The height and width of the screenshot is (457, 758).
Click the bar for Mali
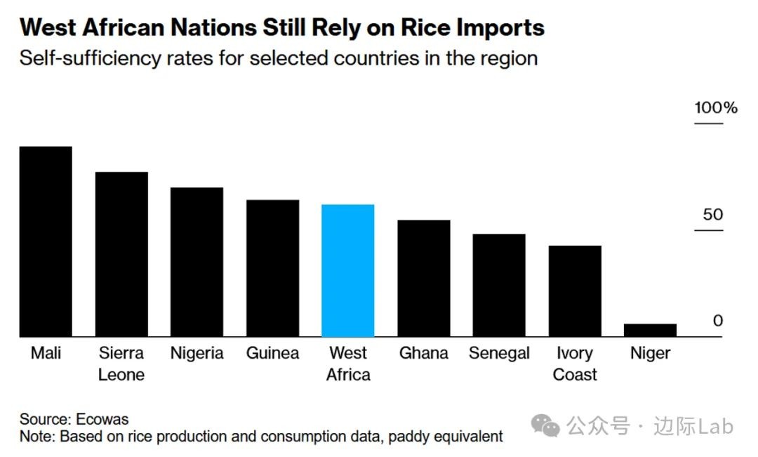point(46,241)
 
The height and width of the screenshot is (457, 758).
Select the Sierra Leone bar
point(121,254)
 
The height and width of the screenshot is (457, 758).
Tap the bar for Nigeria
point(197,262)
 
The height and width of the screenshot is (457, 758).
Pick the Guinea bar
point(272,268)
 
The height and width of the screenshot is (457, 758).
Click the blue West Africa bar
point(348,270)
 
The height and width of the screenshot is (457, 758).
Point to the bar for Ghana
point(424,279)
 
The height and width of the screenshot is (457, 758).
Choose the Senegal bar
point(499,285)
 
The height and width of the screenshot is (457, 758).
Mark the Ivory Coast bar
point(575,291)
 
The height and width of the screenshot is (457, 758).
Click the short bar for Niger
point(651,331)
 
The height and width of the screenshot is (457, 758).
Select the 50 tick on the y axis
point(712,215)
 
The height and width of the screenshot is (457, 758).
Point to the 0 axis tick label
point(717,321)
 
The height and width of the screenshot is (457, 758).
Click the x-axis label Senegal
point(499,353)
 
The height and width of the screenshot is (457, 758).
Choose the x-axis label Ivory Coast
point(575,364)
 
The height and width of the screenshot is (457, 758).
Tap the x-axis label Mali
point(46,353)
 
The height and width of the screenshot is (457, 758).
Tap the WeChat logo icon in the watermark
point(545,425)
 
